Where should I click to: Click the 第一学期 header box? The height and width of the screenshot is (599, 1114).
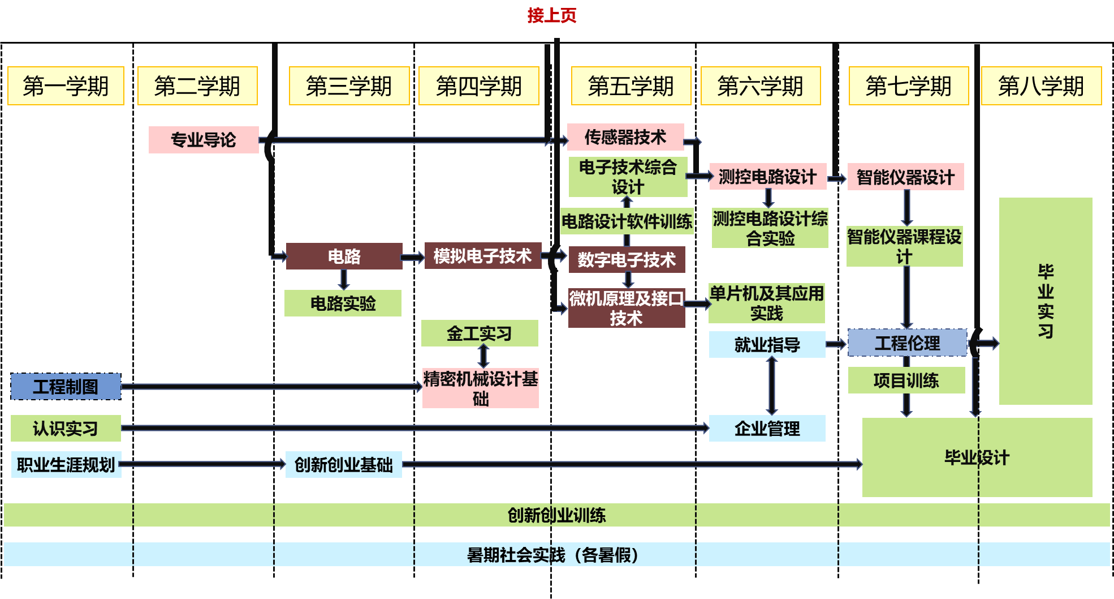click(x=66, y=86)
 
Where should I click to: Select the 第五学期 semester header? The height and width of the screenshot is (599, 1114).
click(x=631, y=86)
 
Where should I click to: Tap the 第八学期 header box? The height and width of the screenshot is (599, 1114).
click(x=1041, y=86)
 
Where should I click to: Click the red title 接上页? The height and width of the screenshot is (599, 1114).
click(x=551, y=15)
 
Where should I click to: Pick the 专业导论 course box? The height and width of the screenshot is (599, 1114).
click(x=204, y=140)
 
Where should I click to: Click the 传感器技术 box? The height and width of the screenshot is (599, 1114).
click(x=625, y=137)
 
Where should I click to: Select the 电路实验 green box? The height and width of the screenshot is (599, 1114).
click(x=343, y=303)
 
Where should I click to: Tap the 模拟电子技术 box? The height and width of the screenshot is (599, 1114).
click(x=482, y=256)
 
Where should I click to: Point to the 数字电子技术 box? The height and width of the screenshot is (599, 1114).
click(x=627, y=260)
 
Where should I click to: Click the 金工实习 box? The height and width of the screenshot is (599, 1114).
click(x=479, y=333)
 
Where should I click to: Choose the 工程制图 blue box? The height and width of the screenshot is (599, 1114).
click(x=66, y=387)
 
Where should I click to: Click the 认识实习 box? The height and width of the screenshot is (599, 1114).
click(x=66, y=429)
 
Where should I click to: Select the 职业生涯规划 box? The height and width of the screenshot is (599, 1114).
click(x=66, y=465)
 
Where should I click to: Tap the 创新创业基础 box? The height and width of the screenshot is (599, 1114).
click(x=343, y=465)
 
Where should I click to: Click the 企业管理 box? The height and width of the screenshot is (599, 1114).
click(x=767, y=429)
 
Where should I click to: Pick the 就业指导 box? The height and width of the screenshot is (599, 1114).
click(x=767, y=344)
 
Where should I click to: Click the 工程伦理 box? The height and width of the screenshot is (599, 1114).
click(x=907, y=343)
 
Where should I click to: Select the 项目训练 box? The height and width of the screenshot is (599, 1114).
click(x=906, y=380)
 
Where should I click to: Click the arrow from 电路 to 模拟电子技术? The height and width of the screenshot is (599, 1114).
click(x=413, y=258)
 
